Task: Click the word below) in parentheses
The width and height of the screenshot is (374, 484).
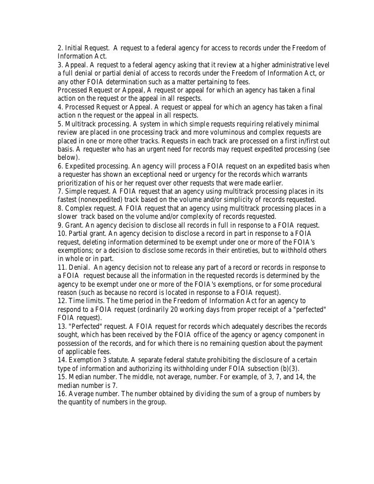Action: pos(69,158)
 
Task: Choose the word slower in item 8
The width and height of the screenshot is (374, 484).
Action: pos(70,217)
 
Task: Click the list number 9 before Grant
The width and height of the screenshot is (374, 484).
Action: pos(60,225)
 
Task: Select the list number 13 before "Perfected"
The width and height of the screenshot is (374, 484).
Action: pos(62,326)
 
